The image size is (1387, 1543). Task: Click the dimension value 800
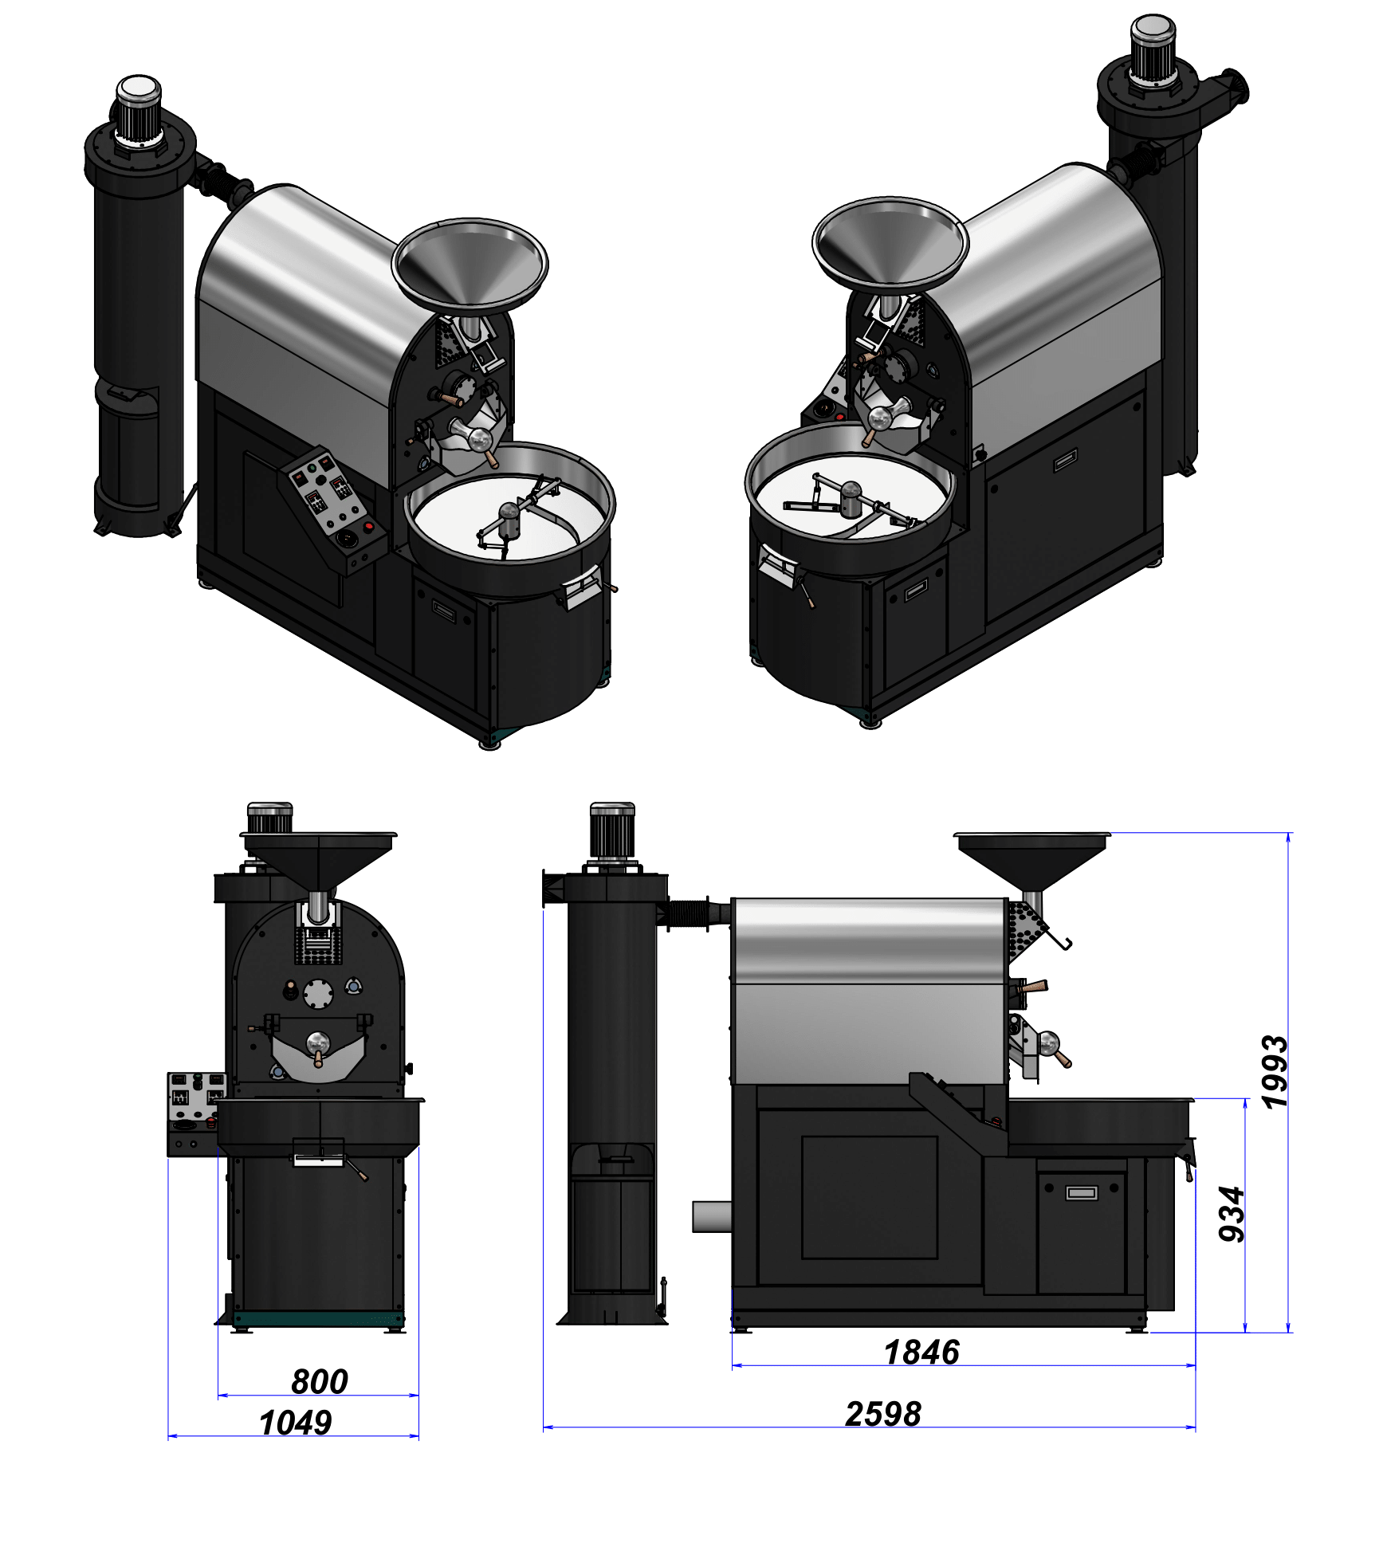pyautogui.click(x=319, y=1381)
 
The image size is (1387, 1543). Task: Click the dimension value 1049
pyautogui.click(x=295, y=1423)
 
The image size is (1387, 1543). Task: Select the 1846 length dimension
pyautogui.click(x=921, y=1353)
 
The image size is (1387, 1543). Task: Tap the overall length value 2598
pyautogui.click(x=882, y=1415)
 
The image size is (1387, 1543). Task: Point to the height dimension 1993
pyautogui.click(x=1274, y=1071)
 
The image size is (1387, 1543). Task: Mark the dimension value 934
pyautogui.click(x=1232, y=1215)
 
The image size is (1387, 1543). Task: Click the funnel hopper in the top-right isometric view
pyautogui.click(x=890, y=243)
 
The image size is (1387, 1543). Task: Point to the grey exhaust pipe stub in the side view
pyautogui.click(x=712, y=1216)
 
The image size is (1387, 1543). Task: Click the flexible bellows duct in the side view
pyautogui.click(x=689, y=913)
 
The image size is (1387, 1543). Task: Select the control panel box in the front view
pyautogui.click(x=195, y=1113)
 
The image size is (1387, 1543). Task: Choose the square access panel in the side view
pyautogui.click(x=869, y=1197)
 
